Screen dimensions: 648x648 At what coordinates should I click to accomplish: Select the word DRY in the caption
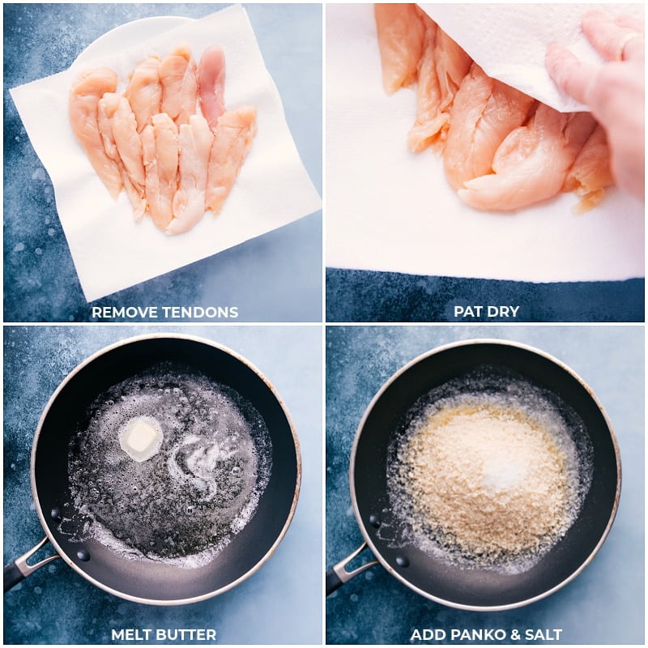pyautogui.click(x=503, y=312)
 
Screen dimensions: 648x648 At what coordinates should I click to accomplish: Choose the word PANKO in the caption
pyautogui.click(x=475, y=634)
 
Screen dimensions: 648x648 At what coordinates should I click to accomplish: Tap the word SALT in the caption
pyautogui.click(x=542, y=634)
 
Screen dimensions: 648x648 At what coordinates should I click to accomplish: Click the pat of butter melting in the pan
pyautogui.click(x=141, y=437)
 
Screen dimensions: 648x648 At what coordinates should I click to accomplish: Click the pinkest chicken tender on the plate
pyautogui.click(x=212, y=81)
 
